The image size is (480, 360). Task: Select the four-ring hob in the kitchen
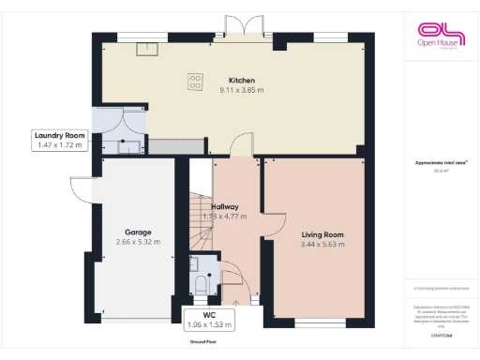pyautogui.click(x=196, y=82)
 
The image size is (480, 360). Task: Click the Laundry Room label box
pyautogui.click(x=61, y=141)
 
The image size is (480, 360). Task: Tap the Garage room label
pyautogui.click(x=138, y=232)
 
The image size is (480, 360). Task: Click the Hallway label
pyautogui.click(x=225, y=206)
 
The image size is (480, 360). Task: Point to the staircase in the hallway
pyautogui.click(x=200, y=220)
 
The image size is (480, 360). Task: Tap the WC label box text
pyautogui.click(x=209, y=320)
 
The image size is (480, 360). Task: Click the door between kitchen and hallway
pyautogui.click(x=242, y=146)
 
